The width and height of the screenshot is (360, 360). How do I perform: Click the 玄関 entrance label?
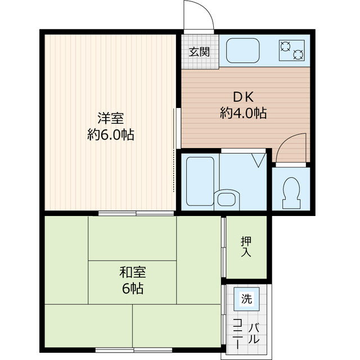[x=199, y=52]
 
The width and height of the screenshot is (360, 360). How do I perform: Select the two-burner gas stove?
[x=291, y=51]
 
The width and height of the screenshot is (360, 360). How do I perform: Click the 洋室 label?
[x=110, y=118]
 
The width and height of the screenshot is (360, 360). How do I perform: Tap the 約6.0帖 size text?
[x=110, y=135]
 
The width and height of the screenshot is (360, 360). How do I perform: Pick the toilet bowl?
[x=291, y=191]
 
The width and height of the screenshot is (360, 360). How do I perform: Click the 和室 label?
[x=133, y=273]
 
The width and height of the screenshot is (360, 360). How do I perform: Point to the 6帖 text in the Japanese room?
[x=133, y=289]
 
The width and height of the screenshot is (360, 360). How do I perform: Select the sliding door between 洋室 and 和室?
[x=136, y=213]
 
